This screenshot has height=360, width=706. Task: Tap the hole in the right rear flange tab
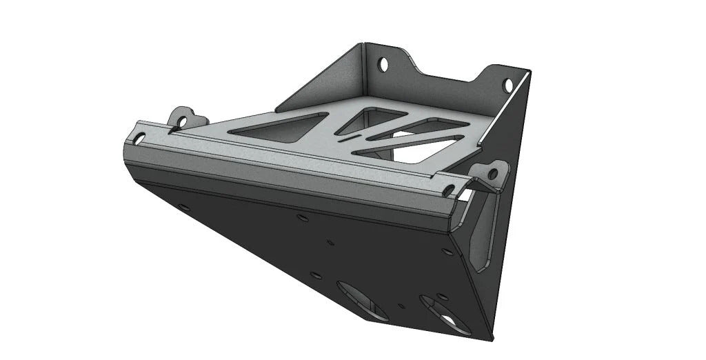(x=508, y=85)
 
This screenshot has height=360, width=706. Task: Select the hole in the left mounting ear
(x=183, y=121)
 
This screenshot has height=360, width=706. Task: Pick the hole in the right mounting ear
(x=492, y=173)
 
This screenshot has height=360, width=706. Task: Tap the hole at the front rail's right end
(x=449, y=189)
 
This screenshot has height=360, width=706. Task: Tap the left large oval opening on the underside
(x=361, y=299)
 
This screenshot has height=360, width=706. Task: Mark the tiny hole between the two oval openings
(x=401, y=304)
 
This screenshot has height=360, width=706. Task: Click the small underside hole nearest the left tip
(x=183, y=206)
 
